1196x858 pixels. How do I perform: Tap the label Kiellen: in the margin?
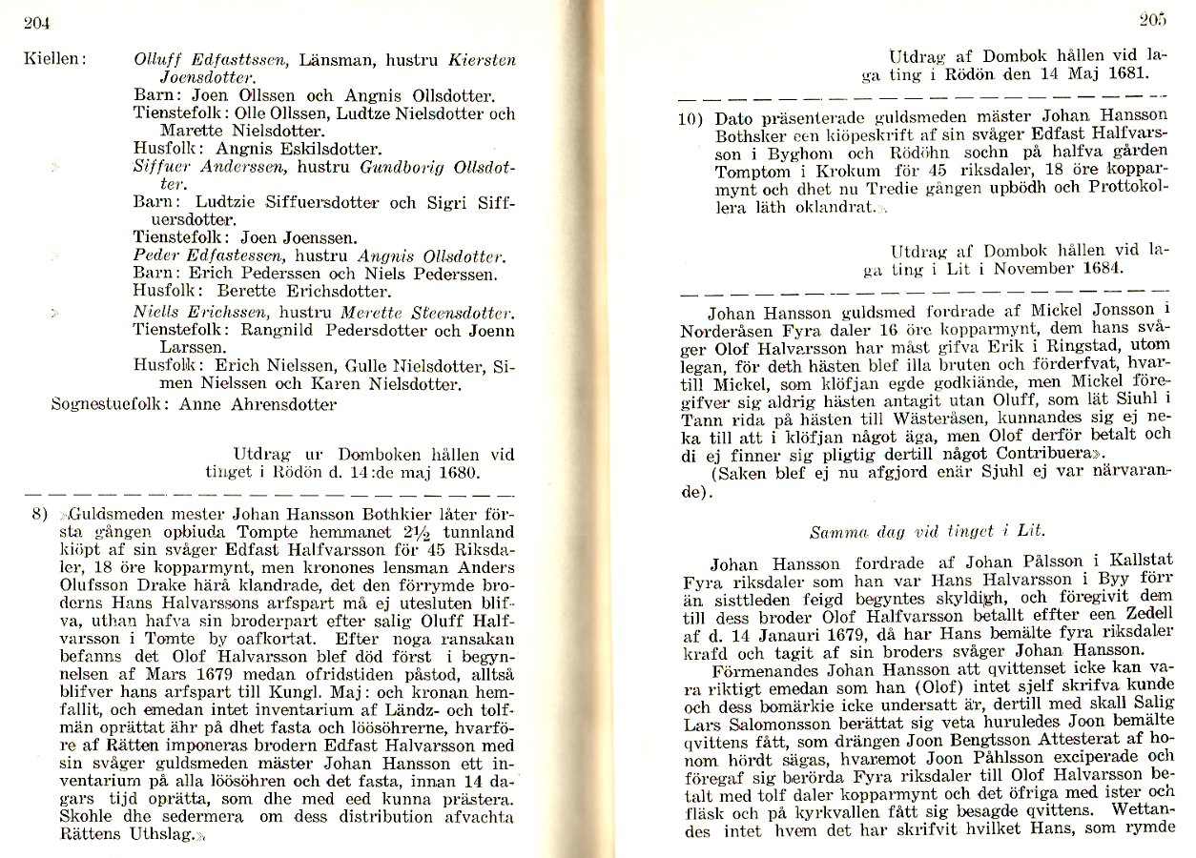pos(55,59)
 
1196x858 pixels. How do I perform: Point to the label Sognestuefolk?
pos(106,404)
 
